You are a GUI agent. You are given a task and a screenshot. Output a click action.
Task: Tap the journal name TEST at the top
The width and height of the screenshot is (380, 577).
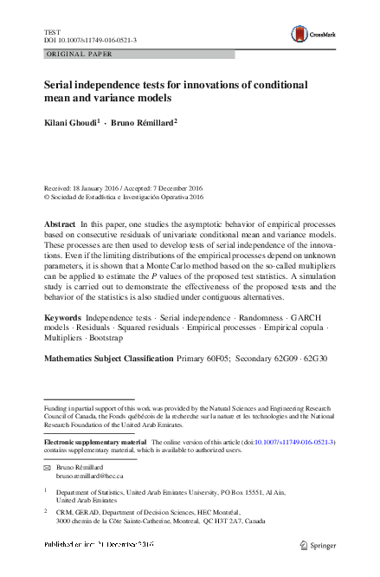[x=51, y=31]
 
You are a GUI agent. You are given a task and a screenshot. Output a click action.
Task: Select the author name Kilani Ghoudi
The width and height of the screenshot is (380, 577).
[x=71, y=123]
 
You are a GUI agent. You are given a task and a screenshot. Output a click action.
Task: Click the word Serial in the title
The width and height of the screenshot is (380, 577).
[x=60, y=87]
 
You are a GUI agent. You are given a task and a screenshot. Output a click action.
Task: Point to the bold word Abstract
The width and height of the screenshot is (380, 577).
[x=60, y=224]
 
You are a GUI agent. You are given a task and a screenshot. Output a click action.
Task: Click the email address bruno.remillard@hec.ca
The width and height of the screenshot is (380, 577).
[x=90, y=476]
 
